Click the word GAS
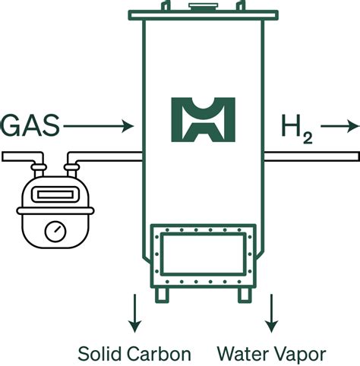pos(30,124)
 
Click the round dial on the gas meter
pos(53,229)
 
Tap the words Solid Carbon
pos(134,353)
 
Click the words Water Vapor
pos(271,353)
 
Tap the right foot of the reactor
pos(242,293)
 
